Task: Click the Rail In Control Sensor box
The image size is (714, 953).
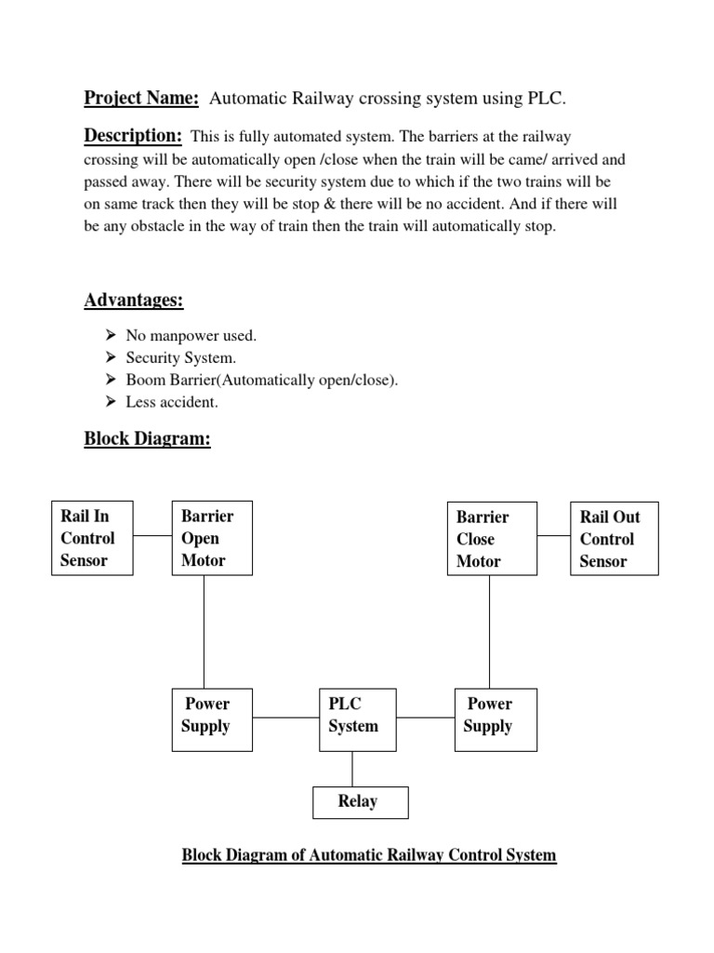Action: pyautogui.click(x=92, y=538)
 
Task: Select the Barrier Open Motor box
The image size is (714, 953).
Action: pyautogui.click(x=212, y=538)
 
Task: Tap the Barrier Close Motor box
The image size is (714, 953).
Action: pyautogui.click(x=491, y=539)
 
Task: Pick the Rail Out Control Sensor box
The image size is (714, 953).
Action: pyautogui.click(x=615, y=539)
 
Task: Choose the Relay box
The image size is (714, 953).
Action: pyautogui.click(x=359, y=801)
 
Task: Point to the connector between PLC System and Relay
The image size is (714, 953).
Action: pyautogui.click(x=352, y=769)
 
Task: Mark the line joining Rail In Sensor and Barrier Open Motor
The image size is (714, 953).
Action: pyautogui.click(x=152, y=536)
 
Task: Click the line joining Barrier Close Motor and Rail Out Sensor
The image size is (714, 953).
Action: pyautogui.click(x=553, y=536)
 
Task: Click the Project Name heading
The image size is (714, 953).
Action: pyautogui.click(x=141, y=99)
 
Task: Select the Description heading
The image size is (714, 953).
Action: pyautogui.click(x=133, y=137)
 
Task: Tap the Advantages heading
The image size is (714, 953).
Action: pyautogui.click(x=134, y=300)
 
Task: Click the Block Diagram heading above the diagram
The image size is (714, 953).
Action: pyautogui.click(x=147, y=438)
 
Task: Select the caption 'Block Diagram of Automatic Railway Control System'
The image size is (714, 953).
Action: pyautogui.click(x=368, y=854)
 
